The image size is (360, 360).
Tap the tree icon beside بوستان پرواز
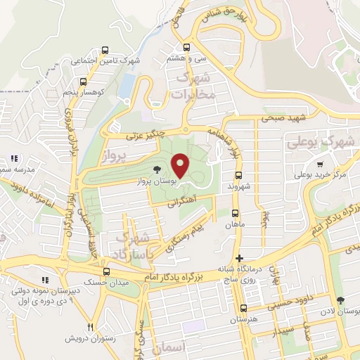pos(157,169)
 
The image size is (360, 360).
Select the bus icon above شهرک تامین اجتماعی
pos(105,50)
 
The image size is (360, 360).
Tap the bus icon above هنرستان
pos(243,308)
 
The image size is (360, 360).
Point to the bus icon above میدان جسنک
pos(106,271)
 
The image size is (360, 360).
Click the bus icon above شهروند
pos(238,174)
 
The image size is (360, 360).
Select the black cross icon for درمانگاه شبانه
pos(240,258)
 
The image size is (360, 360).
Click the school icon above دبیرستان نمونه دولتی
pos(44,280)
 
